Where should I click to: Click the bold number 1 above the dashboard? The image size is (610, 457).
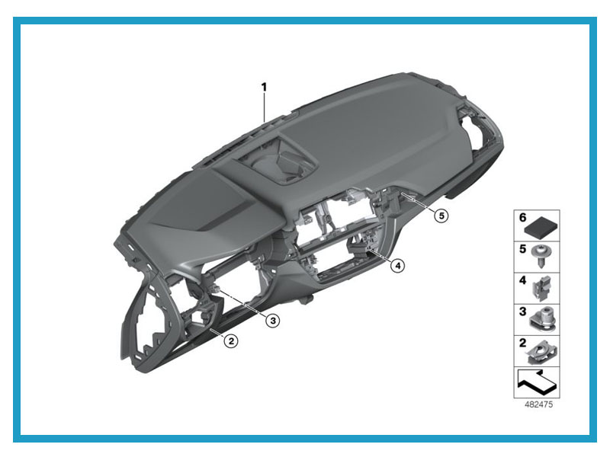pyautogui.click(x=264, y=87)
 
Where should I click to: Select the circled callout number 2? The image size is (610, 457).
pyautogui.click(x=231, y=341)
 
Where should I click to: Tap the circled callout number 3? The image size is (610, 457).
pyautogui.click(x=273, y=321)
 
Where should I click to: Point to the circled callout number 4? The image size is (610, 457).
pyautogui.click(x=397, y=266)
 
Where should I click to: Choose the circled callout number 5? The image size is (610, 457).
pyautogui.click(x=441, y=216)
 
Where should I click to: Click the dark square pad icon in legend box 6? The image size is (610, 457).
pyautogui.click(x=541, y=229)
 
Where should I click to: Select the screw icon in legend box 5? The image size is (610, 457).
pyautogui.click(x=541, y=256)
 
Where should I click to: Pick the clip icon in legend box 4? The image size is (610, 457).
pyautogui.click(x=542, y=289)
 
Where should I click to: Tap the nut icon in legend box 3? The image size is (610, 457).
pyautogui.click(x=543, y=319)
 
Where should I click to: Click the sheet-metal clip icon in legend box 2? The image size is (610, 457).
pyautogui.click(x=541, y=351)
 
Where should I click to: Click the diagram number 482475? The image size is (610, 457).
pyautogui.click(x=538, y=404)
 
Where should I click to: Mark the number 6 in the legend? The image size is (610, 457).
pyautogui.click(x=522, y=217)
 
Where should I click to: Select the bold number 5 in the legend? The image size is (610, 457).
pyautogui.click(x=522, y=249)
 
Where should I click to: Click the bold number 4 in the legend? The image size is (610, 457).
pyautogui.click(x=522, y=280)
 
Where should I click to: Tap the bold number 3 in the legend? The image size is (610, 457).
pyautogui.click(x=522, y=312)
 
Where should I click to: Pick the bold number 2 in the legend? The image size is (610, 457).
pyautogui.click(x=522, y=343)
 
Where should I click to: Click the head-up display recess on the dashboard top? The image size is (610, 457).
pyautogui.click(x=278, y=160)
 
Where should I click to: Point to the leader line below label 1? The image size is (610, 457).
pyautogui.click(x=264, y=108)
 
